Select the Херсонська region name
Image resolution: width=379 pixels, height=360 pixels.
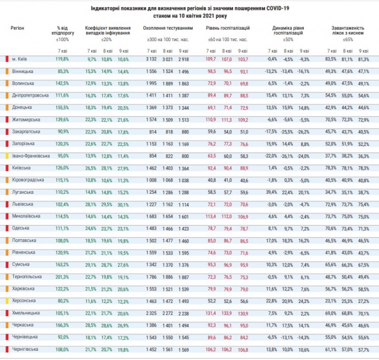pos(24,301)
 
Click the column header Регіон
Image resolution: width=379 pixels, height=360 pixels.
pos(18,27)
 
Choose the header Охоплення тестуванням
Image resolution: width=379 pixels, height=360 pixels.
pos(168,27)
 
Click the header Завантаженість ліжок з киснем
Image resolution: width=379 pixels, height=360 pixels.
pos(348,27)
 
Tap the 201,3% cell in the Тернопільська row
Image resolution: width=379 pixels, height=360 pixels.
pos(62,277)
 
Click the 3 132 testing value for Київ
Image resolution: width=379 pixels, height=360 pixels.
pos(152,59)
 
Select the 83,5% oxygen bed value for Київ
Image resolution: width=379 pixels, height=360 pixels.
pos(331,59)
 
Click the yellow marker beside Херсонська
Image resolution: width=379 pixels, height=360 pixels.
pos(7,301)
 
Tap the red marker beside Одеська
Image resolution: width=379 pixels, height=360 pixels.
pos(7,228)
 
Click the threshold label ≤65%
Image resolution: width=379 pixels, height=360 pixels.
pos(348,40)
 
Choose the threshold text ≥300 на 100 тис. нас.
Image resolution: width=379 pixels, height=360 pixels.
pos(168,40)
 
